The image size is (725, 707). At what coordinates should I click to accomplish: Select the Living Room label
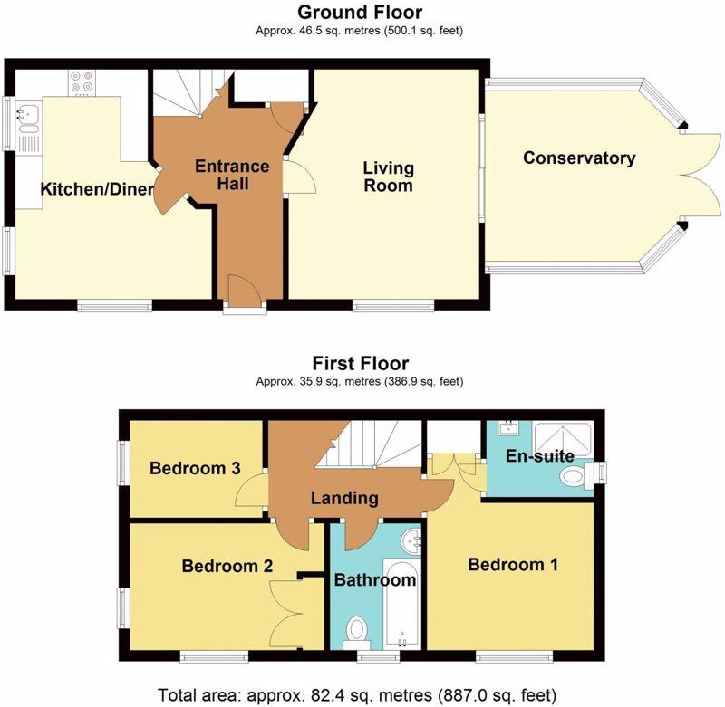(388, 177)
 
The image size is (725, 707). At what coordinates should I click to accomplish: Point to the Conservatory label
(579, 158)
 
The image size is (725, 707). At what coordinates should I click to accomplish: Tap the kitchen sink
(28, 117)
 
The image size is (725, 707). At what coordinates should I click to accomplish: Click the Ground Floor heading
(362, 13)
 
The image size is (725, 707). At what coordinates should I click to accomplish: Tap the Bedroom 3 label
(195, 469)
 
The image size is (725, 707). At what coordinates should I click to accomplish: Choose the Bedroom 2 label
(227, 567)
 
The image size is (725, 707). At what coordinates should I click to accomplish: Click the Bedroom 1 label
(512, 565)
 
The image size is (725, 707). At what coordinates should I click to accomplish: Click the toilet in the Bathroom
(357, 627)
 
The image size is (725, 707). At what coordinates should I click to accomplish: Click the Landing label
(344, 499)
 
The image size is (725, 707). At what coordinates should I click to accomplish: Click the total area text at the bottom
(360, 695)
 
